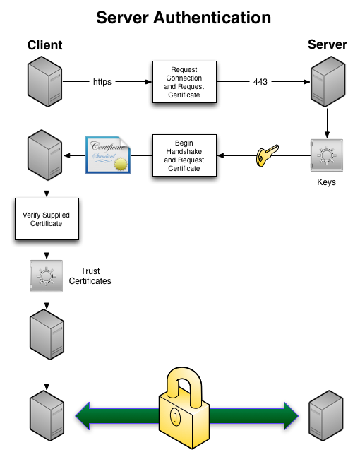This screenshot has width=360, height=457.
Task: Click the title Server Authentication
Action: (184, 16)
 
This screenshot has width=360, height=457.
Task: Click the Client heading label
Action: (45, 46)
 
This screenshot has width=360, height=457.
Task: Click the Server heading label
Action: (327, 45)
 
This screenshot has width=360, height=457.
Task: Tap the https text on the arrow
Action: (102, 82)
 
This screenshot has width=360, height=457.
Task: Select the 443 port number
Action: (260, 82)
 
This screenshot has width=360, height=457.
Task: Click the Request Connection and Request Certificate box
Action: (184, 83)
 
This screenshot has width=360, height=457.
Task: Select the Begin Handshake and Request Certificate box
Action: (184, 155)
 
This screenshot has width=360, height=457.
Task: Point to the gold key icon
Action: (267, 155)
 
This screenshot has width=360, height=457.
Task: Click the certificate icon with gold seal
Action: (108, 155)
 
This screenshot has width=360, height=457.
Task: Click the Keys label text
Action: (326, 183)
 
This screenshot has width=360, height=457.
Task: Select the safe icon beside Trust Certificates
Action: (47, 276)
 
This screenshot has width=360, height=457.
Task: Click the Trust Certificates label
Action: (90, 276)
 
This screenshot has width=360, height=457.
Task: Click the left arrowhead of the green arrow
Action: (83, 415)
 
